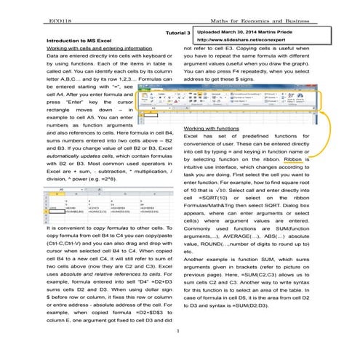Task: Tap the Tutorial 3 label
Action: (177, 33)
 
